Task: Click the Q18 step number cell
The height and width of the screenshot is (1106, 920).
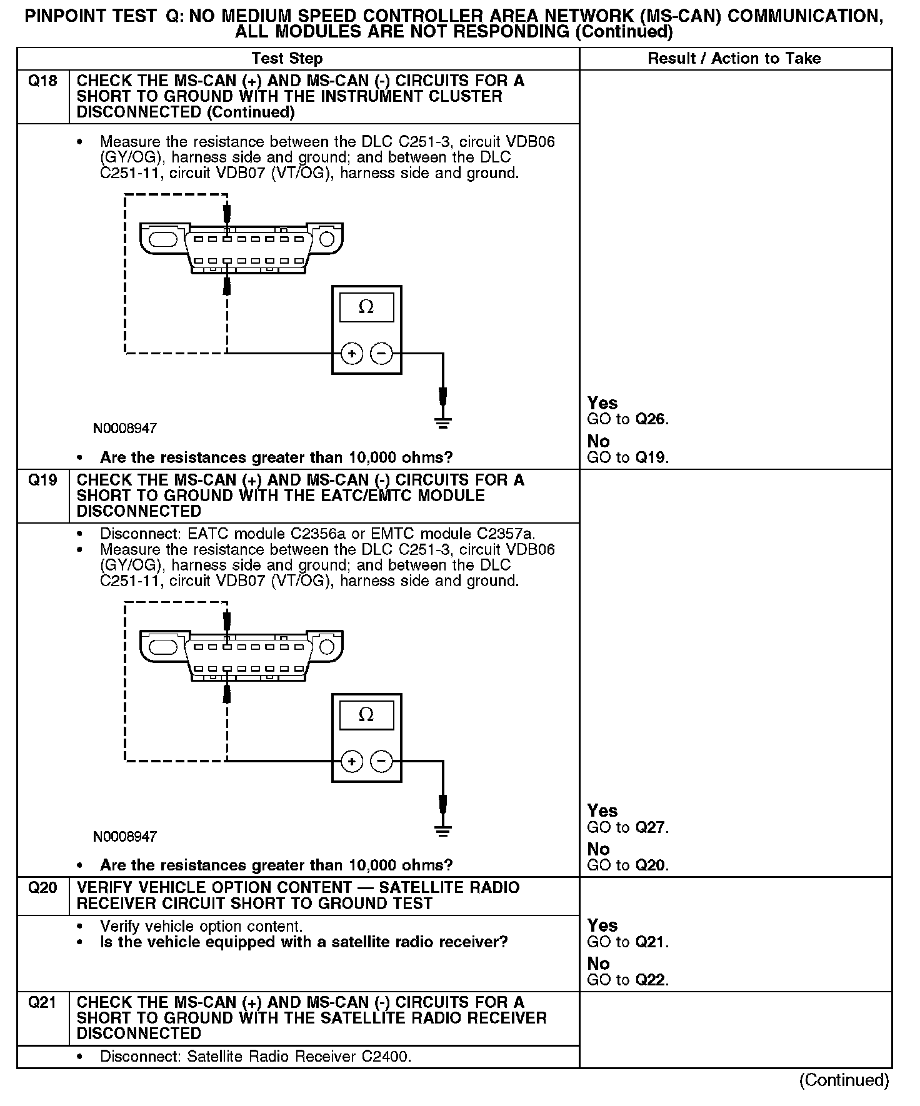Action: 42,81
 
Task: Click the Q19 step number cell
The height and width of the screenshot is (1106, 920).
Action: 42,481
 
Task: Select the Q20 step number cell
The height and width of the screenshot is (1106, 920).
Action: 42,888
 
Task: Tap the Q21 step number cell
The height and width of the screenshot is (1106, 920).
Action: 42,1002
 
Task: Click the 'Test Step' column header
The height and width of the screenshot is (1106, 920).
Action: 287,59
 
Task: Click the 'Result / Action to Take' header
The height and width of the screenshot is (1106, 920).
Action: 734,59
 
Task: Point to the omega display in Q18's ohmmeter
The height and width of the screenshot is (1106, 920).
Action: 366,307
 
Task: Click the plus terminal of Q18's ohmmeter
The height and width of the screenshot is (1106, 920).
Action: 352,354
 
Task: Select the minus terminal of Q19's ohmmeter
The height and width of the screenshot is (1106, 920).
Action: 381,761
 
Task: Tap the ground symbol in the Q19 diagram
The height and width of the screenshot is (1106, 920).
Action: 442,830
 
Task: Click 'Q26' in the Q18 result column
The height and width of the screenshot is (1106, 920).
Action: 650,419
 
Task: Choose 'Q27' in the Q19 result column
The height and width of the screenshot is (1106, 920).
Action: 650,827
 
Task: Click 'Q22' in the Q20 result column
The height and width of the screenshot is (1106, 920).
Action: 650,980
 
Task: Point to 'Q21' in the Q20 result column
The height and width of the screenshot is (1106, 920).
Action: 650,942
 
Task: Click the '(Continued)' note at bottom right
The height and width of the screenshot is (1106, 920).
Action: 844,1080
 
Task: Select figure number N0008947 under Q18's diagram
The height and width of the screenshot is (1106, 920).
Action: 125,429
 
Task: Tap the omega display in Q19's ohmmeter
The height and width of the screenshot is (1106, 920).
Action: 366,715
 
